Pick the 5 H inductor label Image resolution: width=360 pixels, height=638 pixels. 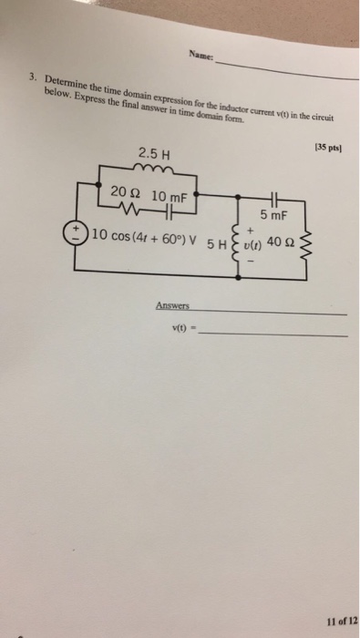click(x=220, y=244)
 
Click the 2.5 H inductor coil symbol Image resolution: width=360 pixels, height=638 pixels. click(x=152, y=168)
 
